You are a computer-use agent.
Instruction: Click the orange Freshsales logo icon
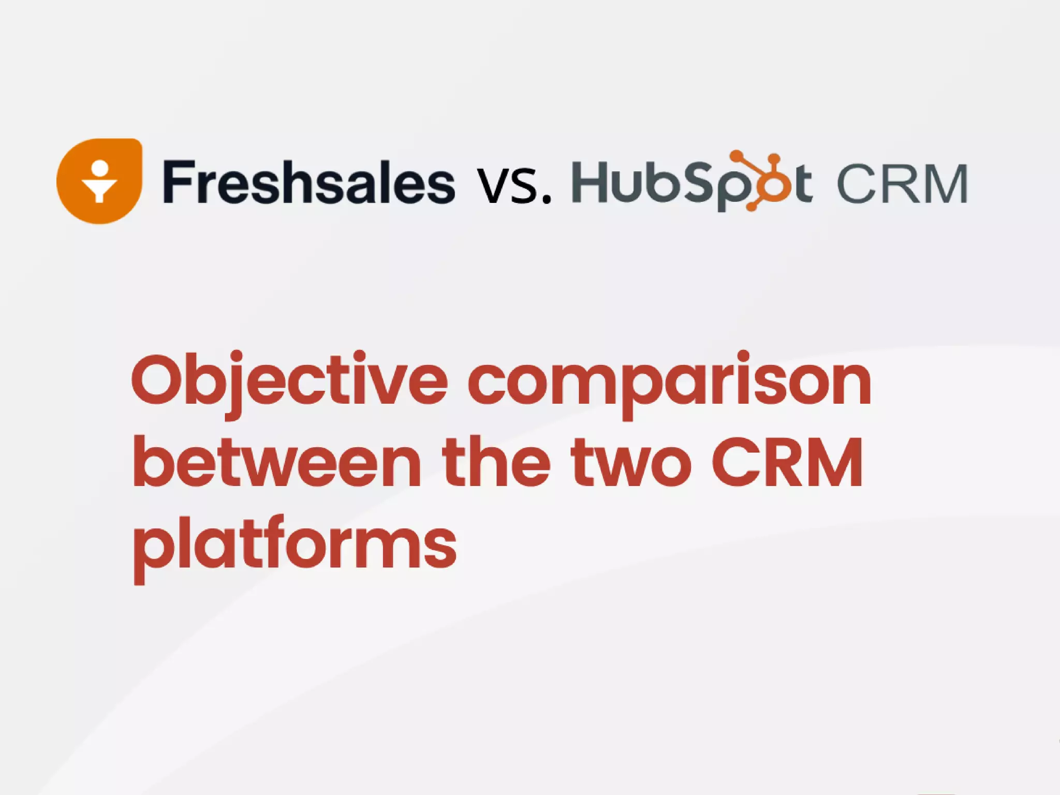tap(99, 181)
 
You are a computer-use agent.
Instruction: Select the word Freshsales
tap(309, 182)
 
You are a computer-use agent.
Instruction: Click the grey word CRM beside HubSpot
tap(902, 184)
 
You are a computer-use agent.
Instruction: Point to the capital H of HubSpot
tap(590, 182)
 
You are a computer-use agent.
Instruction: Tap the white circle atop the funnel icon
tap(100, 168)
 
